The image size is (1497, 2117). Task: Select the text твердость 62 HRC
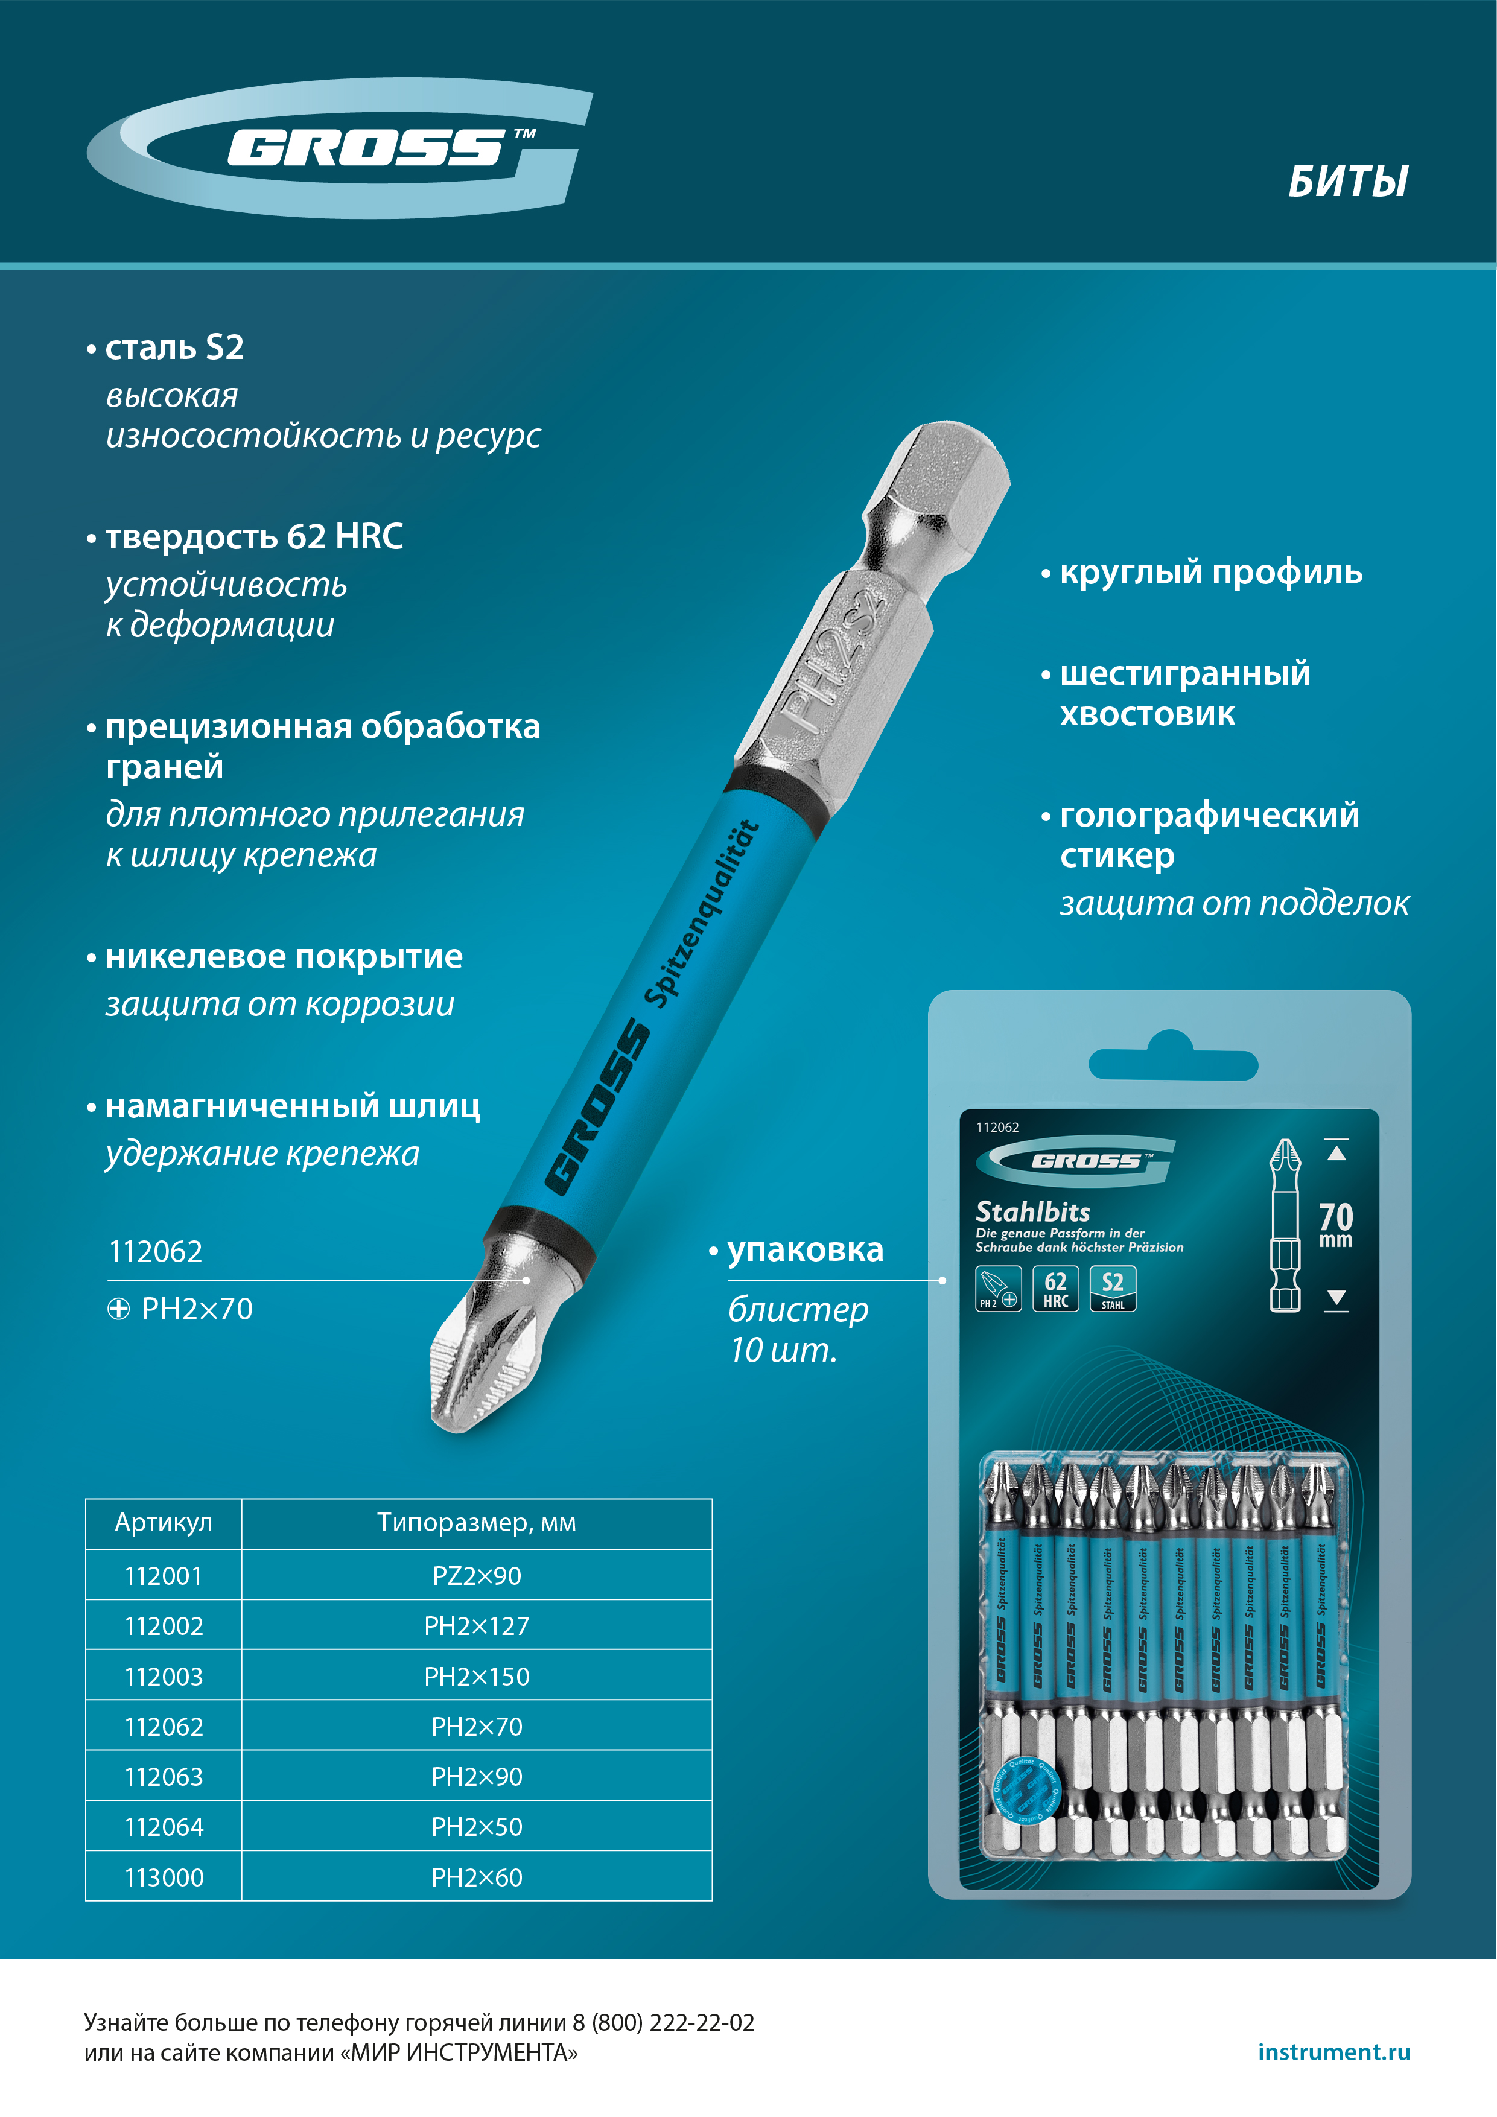click(253, 536)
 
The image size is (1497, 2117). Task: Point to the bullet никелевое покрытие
click(283, 956)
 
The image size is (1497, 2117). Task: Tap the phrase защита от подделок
click(1233, 903)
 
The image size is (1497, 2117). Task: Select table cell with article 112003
click(164, 1676)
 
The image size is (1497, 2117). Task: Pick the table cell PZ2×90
click(476, 1576)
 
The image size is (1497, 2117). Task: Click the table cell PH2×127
click(476, 1627)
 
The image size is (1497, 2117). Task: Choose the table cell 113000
click(164, 1877)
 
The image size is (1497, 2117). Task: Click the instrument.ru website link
click(1333, 2051)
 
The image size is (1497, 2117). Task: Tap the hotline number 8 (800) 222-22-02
click(663, 2023)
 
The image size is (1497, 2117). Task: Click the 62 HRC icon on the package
click(1055, 1288)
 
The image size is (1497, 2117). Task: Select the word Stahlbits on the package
click(1032, 1211)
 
